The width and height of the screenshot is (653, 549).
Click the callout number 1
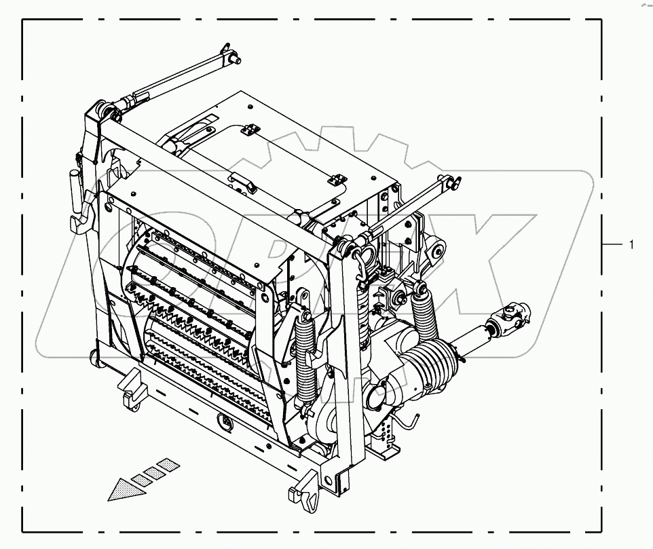tap(631, 245)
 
